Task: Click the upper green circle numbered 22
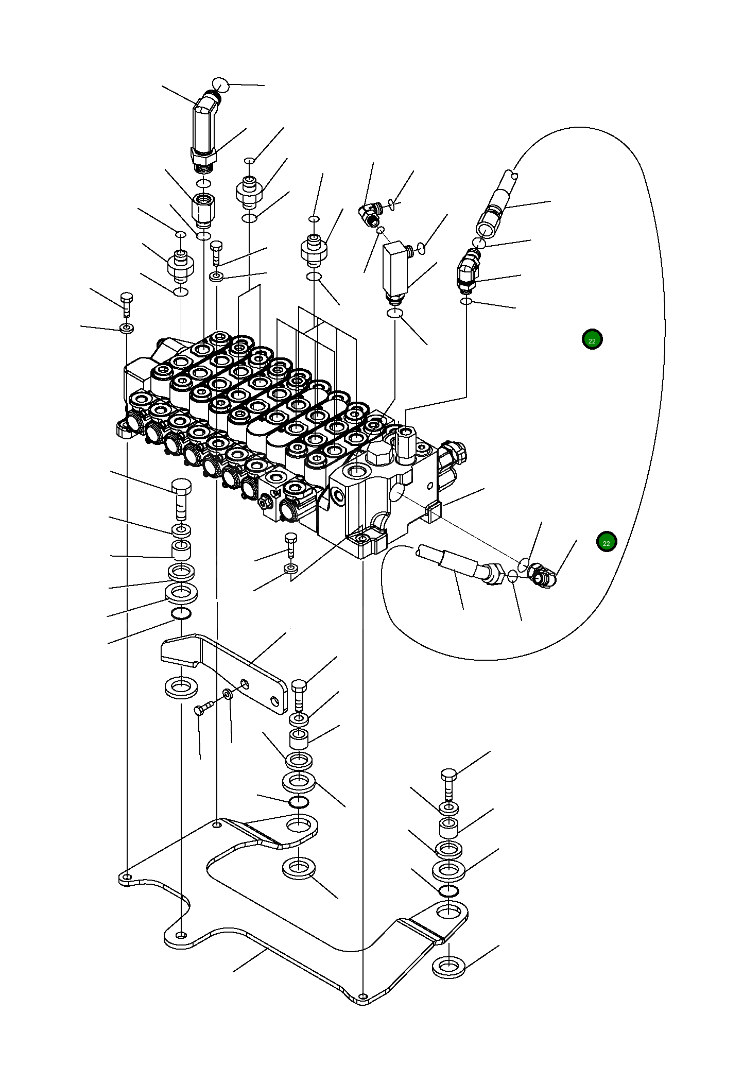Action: tap(592, 340)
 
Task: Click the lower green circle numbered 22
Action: tap(606, 542)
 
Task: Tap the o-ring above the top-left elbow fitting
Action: tap(220, 84)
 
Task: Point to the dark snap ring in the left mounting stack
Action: tap(181, 613)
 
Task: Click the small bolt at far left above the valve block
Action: tap(127, 303)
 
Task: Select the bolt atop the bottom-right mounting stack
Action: tap(448, 783)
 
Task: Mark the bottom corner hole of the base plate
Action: tap(363, 996)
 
